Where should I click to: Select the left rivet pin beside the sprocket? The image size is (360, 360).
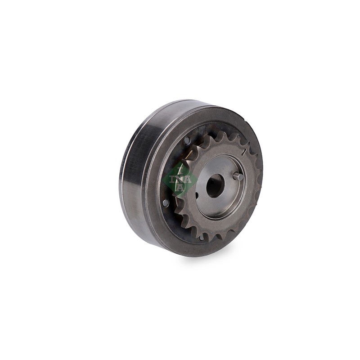pyautogui.click(x=165, y=202)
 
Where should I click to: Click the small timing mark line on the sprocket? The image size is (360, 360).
pyautogui.click(x=244, y=151)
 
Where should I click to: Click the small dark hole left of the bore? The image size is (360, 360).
pyautogui.click(x=197, y=195)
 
